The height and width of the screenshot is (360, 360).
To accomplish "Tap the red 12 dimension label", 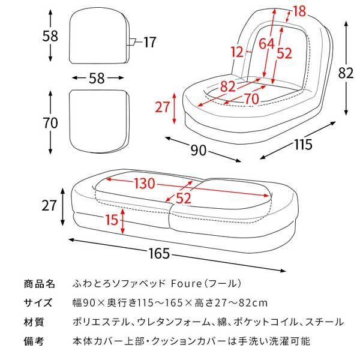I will [x=239, y=53].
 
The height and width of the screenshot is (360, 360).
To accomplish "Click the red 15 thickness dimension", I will [x=110, y=220].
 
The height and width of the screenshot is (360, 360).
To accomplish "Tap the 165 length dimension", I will [x=158, y=254].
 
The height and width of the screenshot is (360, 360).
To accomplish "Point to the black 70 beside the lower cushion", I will [x=50, y=123].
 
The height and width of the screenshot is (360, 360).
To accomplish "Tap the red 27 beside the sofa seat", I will [x=163, y=107].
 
